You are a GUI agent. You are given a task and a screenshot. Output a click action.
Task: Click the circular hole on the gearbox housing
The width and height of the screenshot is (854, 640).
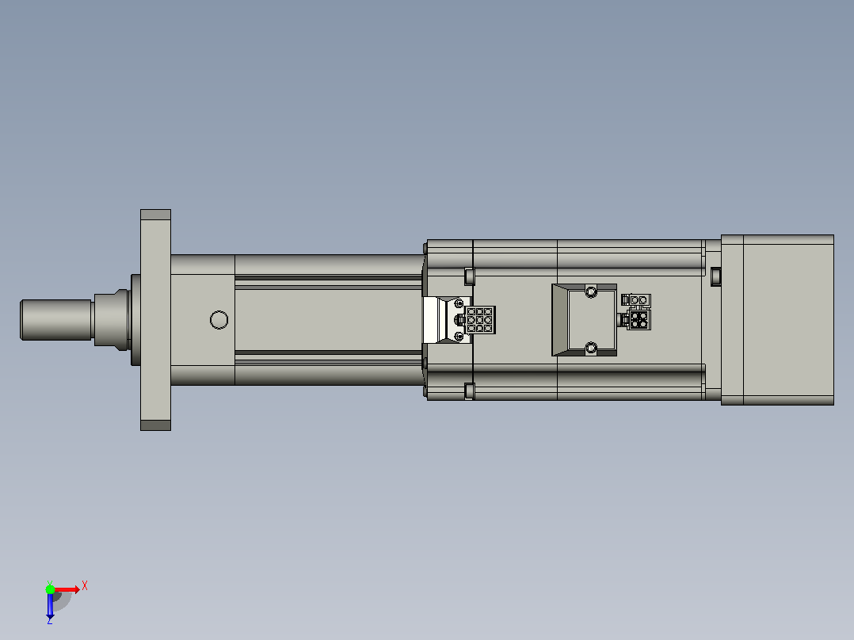click(x=219, y=320)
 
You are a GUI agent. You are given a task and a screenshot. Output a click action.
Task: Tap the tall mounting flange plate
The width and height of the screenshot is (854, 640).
click(x=156, y=320)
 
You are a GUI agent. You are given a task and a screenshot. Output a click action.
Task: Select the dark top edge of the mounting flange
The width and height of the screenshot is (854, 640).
click(x=156, y=215)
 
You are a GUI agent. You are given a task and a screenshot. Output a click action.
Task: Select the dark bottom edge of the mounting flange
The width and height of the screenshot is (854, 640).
click(x=156, y=425)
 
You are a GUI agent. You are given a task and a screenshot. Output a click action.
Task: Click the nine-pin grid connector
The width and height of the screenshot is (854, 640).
click(x=480, y=320)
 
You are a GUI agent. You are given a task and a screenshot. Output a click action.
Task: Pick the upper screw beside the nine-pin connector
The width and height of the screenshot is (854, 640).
click(x=459, y=303)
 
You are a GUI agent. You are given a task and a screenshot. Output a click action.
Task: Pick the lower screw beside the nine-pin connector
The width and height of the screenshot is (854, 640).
click(x=459, y=337)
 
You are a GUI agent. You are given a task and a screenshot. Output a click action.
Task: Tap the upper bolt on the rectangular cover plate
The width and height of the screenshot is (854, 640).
click(x=592, y=291)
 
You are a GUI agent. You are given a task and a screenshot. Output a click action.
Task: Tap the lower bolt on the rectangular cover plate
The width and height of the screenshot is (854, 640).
click(x=592, y=348)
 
